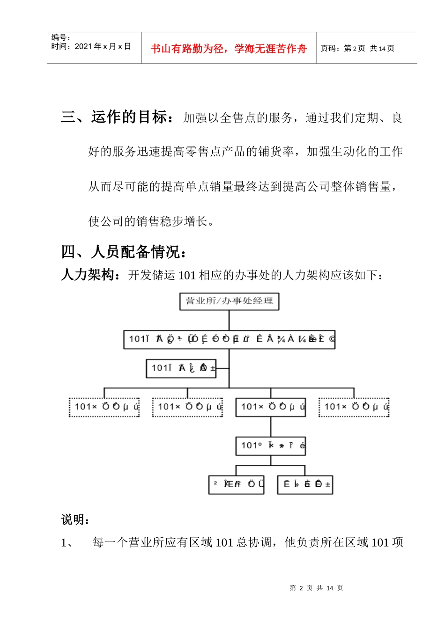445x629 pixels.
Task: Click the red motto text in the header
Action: click(229, 49)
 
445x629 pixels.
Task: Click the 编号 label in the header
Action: click(60, 37)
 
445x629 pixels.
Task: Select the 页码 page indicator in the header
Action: click(357, 48)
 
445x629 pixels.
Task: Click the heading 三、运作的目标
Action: click(119, 117)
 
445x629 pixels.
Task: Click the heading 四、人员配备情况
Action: click(125, 252)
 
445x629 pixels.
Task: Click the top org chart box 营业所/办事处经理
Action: click(229, 301)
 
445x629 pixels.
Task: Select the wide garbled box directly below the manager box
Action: click(229, 339)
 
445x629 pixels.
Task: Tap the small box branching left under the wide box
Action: click(181, 368)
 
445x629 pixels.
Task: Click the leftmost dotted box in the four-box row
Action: click(104, 407)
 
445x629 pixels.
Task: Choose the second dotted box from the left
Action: click(187, 407)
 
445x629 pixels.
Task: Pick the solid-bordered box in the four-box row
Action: click(271, 407)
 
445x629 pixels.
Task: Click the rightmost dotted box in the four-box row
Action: click(354, 407)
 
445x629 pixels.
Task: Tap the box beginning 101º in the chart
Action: click(271, 446)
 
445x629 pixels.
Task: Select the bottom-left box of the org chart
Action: click(236, 484)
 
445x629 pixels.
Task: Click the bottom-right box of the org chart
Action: click(305, 484)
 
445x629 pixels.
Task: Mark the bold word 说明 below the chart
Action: click(75, 519)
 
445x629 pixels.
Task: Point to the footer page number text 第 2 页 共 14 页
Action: click(316, 588)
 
